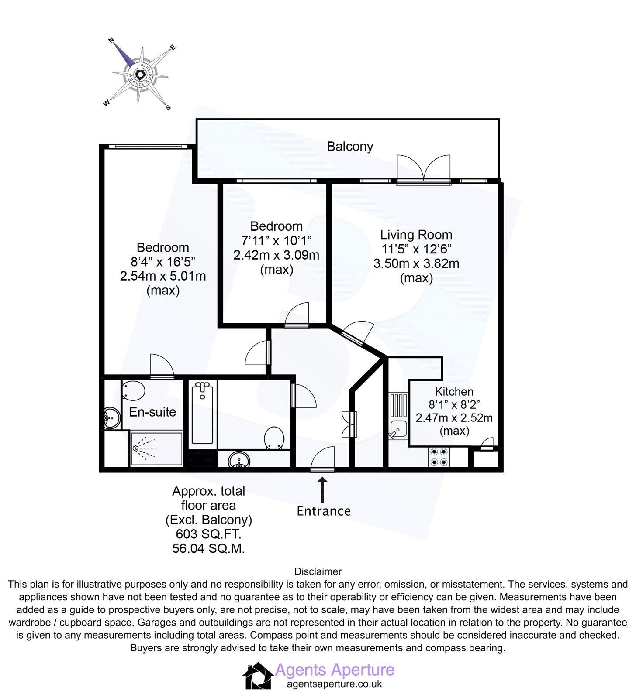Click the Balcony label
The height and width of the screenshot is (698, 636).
(x=350, y=146)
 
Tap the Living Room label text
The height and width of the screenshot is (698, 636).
(x=416, y=235)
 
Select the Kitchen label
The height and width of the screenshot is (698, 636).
(x=454, y=391)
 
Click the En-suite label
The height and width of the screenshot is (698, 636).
(x=152, y=412)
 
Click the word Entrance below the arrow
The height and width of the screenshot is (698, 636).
(x=324, y=511)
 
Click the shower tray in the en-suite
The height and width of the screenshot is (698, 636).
(x=156, y=449)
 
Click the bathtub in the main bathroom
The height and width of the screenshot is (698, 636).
(x=202, y=413)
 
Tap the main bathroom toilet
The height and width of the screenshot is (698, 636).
(x=274, y=438)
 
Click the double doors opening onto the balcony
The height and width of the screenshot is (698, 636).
(x=423, y=170)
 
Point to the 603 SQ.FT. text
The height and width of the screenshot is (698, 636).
(x=208, y=534)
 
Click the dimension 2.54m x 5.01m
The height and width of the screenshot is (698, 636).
(x=163, y=276)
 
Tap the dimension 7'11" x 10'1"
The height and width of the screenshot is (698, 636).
(x=277, y=240)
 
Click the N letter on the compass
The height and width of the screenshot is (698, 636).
(x=111, y=40)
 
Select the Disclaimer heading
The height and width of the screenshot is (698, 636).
(x=318, y=571)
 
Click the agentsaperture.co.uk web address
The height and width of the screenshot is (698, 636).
(x=334, y=684)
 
